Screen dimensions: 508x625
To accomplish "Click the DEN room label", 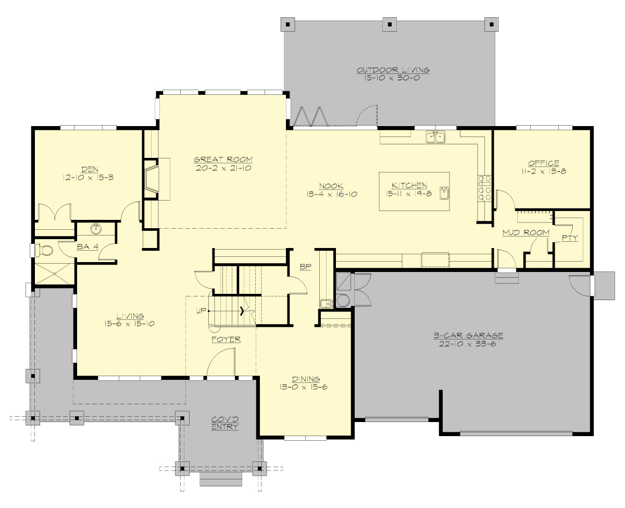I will coord(87,169).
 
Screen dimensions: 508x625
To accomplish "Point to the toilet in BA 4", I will coord(46,251).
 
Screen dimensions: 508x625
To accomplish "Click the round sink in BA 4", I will coord(96,229).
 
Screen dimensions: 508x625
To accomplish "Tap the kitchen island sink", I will coord(444,193).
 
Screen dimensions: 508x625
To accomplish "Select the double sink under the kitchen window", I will coord(435,137).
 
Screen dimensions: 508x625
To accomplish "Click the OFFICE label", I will coord(543,163).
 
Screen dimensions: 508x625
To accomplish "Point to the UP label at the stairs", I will coord(201,311).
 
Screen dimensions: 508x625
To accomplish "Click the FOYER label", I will coord(226,339).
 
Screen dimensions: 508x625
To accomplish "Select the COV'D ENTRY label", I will coord(225,423).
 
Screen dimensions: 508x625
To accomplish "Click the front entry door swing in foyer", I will coord(221,362).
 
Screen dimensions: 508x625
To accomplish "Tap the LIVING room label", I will coord(130,315).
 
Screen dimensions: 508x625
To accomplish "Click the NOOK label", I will coord(331,185).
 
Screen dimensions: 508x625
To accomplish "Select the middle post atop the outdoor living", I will coord(389,23).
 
